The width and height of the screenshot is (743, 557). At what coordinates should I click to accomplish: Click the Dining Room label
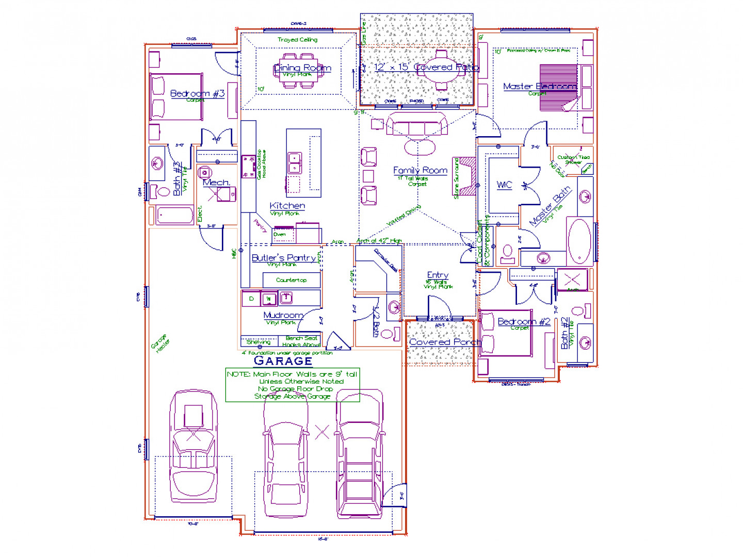coord(302,68)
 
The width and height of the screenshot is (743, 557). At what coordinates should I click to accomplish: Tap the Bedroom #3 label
coord(197,93)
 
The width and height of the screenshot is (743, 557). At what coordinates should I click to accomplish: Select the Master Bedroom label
coord(540,86)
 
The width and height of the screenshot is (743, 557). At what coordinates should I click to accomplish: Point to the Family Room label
coord(420,170)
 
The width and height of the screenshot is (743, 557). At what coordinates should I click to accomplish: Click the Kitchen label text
coord(287,206)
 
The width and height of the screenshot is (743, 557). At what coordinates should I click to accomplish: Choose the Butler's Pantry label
coord(284,257)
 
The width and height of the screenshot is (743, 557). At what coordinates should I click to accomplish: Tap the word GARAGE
coord(283,361)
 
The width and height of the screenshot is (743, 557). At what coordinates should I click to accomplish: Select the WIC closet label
coord(504,185)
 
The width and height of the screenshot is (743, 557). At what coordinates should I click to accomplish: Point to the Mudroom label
coord(283,315)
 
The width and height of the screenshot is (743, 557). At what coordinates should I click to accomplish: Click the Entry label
coord(438,275)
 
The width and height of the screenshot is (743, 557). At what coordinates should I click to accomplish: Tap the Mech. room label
coord(216,183)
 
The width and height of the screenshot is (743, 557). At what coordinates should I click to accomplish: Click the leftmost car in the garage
coord(193,446)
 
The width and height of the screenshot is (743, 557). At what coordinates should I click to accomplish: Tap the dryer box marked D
coord(251,299)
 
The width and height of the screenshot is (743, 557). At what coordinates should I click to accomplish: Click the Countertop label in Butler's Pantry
coord(291,280)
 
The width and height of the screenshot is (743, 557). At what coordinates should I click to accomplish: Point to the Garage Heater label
coord(160,343)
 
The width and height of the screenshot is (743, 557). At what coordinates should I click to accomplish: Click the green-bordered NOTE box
coord(293,385)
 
